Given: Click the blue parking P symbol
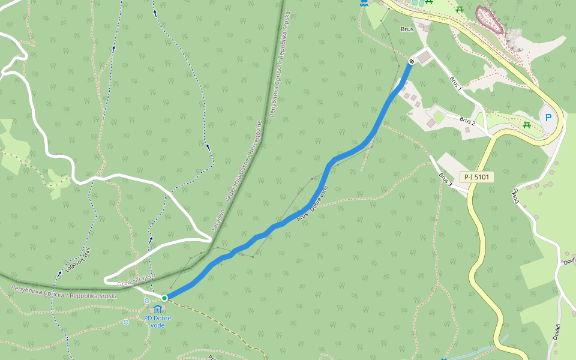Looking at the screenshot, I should pos(548,118).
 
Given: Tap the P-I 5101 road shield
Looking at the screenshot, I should pos(476,177).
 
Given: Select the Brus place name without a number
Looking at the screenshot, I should pos(407,29).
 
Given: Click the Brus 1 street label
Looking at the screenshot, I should pos(455,83).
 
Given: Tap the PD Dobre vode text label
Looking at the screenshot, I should pos(157,321).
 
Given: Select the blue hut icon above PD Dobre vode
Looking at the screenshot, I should pos(157,308).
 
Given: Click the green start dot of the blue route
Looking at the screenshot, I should pos(164,298).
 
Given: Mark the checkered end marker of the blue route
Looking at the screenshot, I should pos(412,61).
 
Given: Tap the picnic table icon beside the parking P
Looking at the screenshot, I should pos(526,124).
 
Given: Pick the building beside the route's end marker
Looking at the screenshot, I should pos(424,58).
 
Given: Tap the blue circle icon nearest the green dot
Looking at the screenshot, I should pos(147,301).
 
